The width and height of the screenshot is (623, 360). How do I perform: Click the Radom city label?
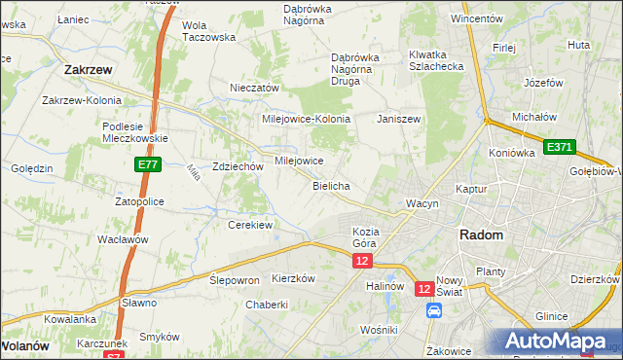point(481,235)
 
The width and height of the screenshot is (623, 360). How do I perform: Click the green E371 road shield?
point(560,147)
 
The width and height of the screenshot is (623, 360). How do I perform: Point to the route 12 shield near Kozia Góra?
point(363,261)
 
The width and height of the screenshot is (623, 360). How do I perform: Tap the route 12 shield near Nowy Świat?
point(424,289)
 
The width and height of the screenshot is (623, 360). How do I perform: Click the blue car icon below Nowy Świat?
point(434,310)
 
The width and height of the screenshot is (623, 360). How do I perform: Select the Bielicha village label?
point(332,185)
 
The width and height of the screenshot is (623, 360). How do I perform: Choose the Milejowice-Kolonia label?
point(306,119)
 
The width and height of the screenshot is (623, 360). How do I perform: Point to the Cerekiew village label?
point(249,225)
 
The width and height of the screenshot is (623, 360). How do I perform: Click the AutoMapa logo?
point(559,341)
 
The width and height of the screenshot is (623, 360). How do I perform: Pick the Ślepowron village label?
point(235,279)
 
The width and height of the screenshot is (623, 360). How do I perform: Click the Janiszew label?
point(398,119)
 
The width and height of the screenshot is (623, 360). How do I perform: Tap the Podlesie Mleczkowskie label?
point(135,131)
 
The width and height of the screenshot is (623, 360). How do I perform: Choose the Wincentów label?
point(476,18)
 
